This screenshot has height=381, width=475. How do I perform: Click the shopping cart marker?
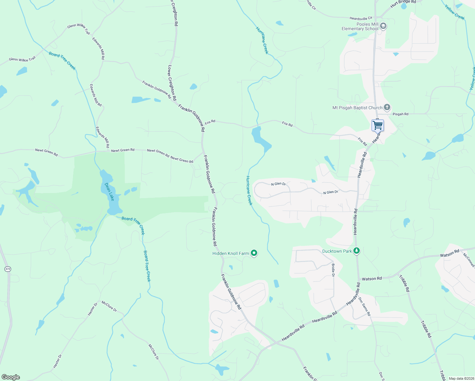click(378, 125)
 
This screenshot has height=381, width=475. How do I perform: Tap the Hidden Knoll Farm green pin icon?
click(254, 253)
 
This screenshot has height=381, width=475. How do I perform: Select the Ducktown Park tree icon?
click(357, 251)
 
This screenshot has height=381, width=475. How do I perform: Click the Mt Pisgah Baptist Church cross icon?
click(387, 107)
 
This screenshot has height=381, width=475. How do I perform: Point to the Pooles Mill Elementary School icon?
click(383, 26)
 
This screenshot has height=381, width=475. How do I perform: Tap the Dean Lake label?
click(109, 192)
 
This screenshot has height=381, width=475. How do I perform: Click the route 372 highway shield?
click(8, 269)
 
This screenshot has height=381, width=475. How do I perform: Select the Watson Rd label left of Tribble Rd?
click(372, 279)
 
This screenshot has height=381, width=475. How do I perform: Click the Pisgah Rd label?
click(400, 114)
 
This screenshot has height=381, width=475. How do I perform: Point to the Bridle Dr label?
click(333, 270)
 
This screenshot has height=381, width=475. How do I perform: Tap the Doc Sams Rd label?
click(364, 306)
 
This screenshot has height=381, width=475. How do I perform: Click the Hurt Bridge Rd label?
click(403, 3)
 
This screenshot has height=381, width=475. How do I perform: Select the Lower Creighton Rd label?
click(172, 83)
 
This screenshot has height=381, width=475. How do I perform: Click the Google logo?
click(10, 377)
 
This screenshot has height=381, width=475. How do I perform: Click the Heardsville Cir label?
click(361, 19)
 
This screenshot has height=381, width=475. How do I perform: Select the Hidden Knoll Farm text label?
click(231, 253)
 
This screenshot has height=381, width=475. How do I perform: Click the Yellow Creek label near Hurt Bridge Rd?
click(454, 12)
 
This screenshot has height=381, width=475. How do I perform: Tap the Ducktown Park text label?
click(337, 251)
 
